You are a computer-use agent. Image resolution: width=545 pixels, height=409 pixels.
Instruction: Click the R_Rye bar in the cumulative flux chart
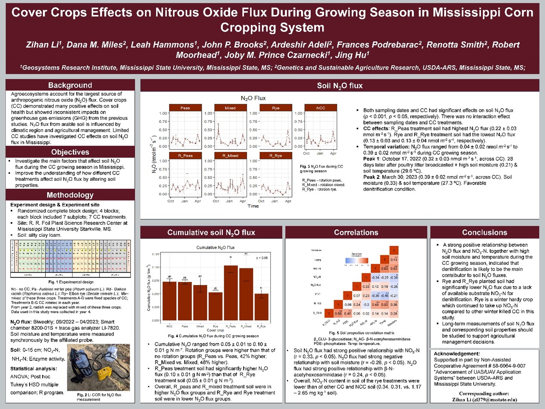[x=261, y=307]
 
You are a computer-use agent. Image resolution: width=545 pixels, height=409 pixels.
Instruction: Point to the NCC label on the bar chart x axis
[x=169, y=326]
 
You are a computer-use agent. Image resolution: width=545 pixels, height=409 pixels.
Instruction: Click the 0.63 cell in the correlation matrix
[x=384, y=268]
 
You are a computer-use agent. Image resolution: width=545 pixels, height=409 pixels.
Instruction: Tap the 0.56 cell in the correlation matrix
[x=338, y=313]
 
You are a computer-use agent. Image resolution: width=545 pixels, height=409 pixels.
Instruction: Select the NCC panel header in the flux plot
[x=321, y=108]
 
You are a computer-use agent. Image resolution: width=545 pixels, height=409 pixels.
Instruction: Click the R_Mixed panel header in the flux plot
[x=230, y=156]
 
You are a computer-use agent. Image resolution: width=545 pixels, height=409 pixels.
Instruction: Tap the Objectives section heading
[x=70, y=152]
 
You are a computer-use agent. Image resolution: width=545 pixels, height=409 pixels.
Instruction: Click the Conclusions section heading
[x=484, y=233]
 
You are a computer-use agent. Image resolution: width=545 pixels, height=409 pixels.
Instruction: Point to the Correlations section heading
[x=356, y=233]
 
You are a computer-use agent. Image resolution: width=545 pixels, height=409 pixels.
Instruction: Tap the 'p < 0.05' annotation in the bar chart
[x=262, y=258]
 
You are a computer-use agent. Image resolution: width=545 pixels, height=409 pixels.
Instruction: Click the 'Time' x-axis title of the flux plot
[x=253, y=206]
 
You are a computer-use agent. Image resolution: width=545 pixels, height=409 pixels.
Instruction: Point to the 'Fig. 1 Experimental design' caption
[x=71, y=282]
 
